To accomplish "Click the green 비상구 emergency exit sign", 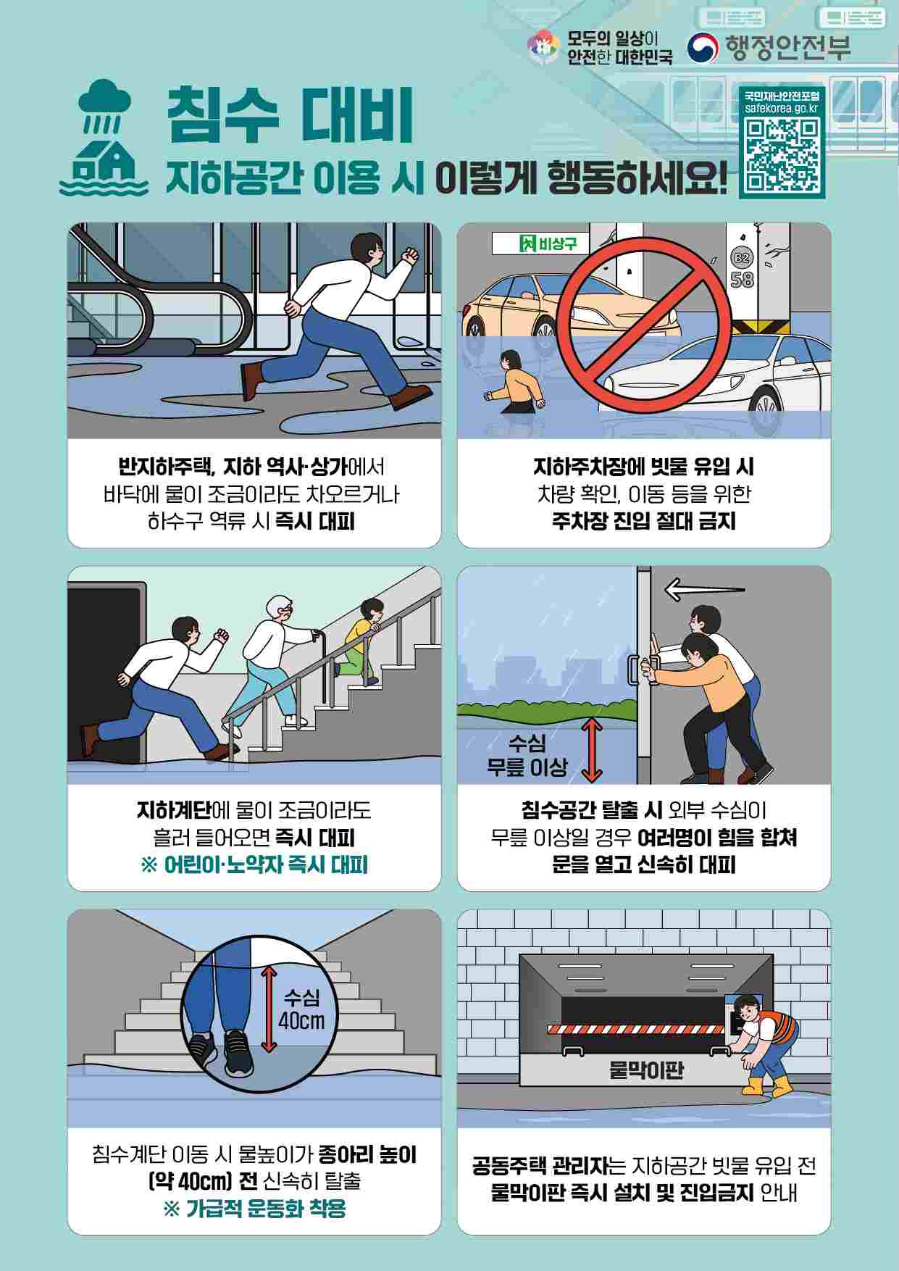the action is (540, 243).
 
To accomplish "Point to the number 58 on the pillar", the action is (741, 279).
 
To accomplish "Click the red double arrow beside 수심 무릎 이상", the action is (592, 750).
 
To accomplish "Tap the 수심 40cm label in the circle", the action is (302, 1009).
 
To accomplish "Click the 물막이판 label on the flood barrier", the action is (647, 1070).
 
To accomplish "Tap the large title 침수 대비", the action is (290, 115).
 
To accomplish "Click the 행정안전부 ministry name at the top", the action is (787, 47).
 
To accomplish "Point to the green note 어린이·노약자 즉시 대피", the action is (254, 864).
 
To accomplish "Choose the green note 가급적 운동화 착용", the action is (254, 1208).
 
